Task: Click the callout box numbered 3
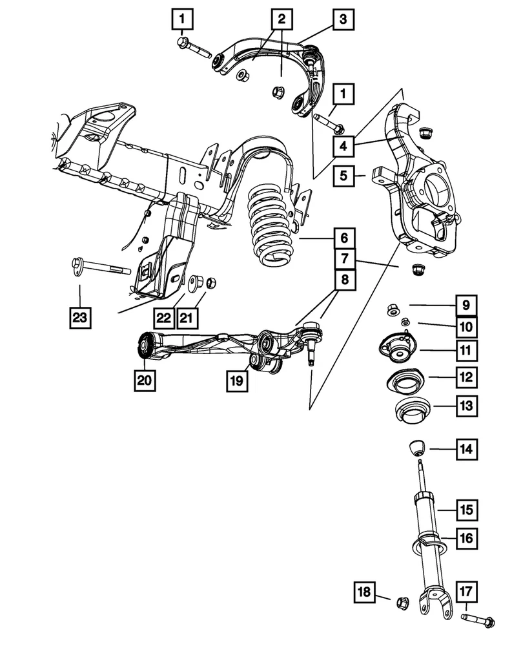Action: [x=343, y=19]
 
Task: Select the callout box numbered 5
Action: [x=343, y=175]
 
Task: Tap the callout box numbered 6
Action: [x=343, y=238]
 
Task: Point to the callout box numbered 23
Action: [x=80, y=317]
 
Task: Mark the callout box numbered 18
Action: [x=365, y=592]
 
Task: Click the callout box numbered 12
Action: [x=466, y=377]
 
